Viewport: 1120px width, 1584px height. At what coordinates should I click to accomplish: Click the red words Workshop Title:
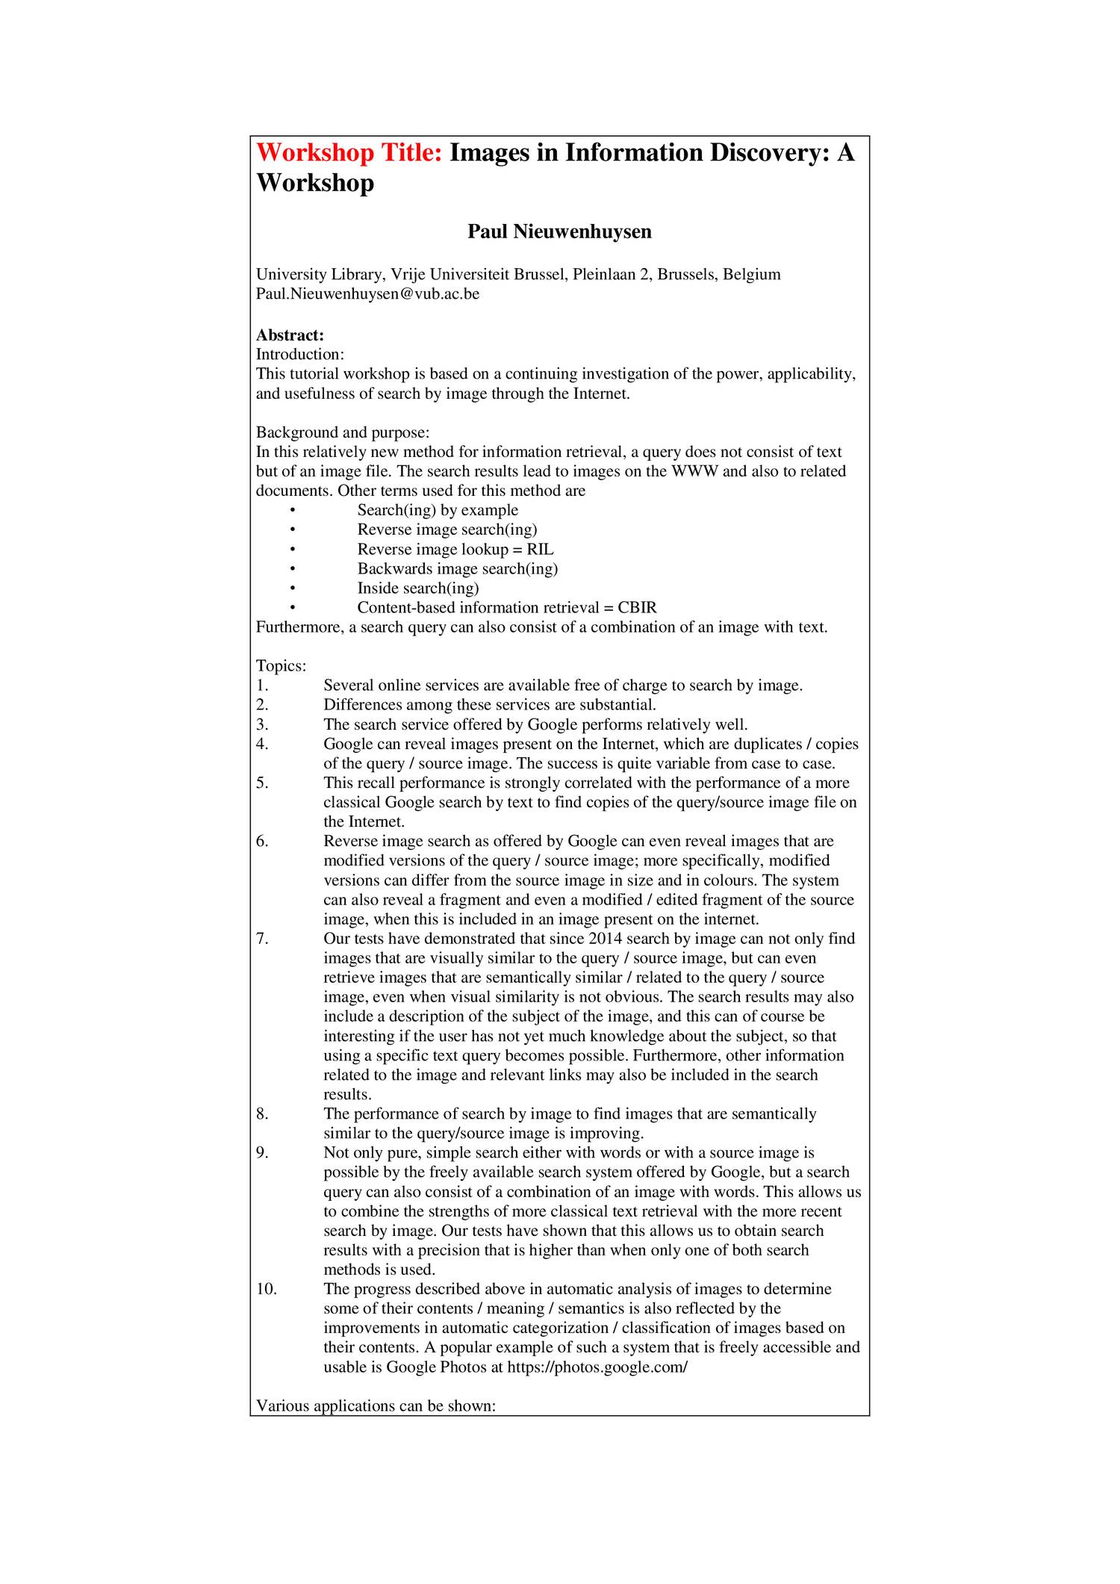coord(349,153)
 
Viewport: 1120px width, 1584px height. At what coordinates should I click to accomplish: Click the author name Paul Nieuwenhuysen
coord(559,232)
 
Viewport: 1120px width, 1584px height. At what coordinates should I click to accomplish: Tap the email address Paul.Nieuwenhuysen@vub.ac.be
coord(367,293)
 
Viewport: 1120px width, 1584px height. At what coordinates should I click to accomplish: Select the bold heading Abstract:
coord(290,335)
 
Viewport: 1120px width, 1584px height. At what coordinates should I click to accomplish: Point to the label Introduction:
coord(300,354)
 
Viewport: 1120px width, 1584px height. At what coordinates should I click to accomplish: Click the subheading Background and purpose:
coord(343,432)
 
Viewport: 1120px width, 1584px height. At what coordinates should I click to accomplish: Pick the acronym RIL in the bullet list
coord(540,550)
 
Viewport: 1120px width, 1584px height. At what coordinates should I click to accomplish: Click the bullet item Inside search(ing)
coord(418,588)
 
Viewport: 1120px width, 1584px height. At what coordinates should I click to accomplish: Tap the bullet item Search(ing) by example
coord(438,510)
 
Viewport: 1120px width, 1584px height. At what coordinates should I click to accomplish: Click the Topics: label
coord(281,666)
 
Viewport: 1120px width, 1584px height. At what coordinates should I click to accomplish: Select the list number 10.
coord(267,1289)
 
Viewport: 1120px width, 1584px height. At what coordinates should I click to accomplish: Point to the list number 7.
coord(262,939)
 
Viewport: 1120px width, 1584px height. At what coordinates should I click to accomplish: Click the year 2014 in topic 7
coord(606,939)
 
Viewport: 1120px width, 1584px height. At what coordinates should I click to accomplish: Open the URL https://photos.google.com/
coord(597,1367)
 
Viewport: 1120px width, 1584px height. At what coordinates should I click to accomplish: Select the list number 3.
coord(262,724)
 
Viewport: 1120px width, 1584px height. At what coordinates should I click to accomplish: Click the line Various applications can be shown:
coord(376,1406)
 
